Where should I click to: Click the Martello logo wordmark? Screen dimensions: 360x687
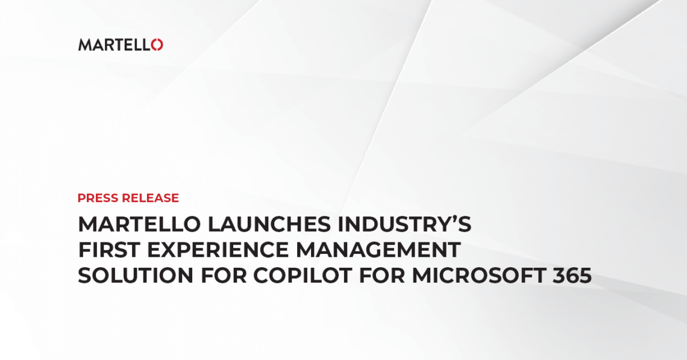pos(120,45)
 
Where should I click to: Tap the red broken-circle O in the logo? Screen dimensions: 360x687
pos(157,45)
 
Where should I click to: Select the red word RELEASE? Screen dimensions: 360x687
pos(150,198)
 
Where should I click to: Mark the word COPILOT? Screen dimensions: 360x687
pos(304,276)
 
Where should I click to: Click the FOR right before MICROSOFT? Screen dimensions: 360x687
pos(385,276)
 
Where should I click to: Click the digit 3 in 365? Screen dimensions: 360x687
pos(558,276)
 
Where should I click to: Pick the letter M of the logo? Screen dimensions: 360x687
pos(84,45)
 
